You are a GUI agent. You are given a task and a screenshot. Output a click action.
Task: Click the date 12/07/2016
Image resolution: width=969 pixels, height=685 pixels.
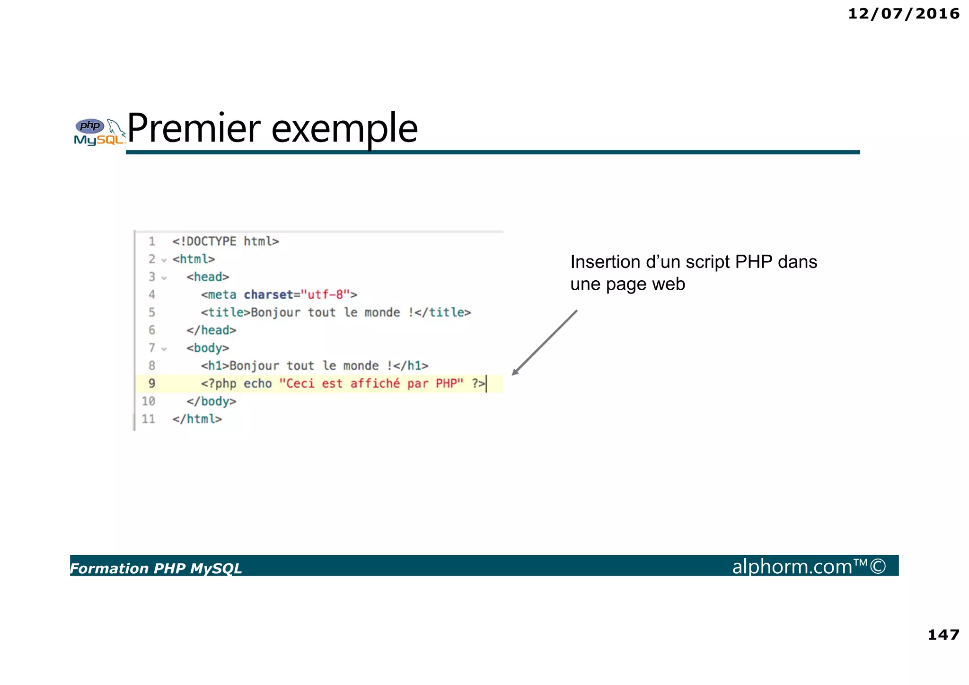903,14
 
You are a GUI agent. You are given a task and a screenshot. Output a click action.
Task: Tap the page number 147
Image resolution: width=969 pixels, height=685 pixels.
943,634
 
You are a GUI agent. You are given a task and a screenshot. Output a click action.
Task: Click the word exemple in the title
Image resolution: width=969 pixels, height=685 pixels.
344,129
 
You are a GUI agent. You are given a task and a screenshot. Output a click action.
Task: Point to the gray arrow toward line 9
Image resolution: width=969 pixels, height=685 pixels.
544,343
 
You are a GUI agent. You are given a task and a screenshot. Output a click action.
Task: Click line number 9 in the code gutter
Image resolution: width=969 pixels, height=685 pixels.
152,383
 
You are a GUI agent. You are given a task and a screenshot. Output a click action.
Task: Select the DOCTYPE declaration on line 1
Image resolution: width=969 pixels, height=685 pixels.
226,241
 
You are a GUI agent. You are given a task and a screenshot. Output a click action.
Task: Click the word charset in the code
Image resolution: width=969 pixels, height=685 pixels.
268,294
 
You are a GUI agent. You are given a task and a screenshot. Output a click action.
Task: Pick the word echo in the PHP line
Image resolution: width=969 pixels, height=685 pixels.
258,383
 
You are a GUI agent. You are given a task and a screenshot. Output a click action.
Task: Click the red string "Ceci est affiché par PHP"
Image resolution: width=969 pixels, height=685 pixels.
371,383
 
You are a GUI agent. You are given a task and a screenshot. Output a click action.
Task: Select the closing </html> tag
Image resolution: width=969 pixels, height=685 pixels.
197,419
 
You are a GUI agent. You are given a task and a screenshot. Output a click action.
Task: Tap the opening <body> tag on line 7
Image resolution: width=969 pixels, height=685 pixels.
208,348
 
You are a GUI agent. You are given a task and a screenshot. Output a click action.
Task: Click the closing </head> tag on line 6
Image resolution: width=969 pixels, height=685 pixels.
211,330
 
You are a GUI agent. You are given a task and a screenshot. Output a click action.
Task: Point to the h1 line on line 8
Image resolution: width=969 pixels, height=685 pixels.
314,365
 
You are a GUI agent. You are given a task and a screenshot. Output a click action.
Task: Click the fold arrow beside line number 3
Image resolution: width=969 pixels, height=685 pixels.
164,278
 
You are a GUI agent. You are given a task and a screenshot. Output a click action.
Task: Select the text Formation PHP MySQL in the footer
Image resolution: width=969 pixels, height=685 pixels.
156,568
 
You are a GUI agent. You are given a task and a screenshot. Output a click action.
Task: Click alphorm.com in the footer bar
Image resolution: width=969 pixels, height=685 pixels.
792,566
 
